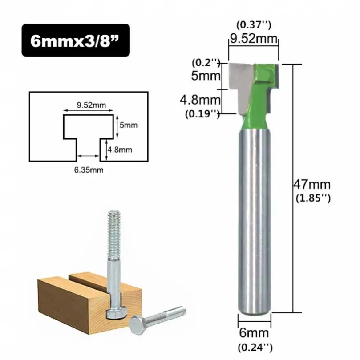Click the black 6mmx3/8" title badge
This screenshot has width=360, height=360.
(76, 40)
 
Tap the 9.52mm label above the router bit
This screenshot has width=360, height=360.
(254, 38)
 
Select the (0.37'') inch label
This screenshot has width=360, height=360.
(254, 25)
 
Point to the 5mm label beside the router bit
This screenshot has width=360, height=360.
(206, 75)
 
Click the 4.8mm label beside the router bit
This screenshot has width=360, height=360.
(200, 100)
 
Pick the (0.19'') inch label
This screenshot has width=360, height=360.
(202, 113)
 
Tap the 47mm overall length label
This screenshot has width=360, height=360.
(312, 184)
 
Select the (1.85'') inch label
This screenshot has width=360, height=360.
(313, 198)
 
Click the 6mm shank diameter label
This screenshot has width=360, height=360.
(254, 333)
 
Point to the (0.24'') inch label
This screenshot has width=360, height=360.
(255, 348)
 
